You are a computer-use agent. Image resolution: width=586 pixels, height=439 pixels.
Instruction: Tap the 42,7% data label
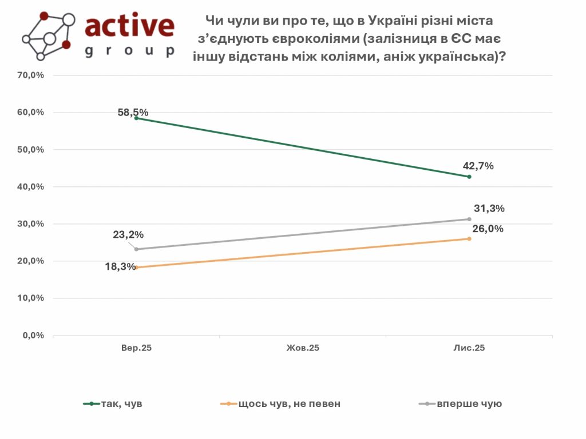pyautogui.click(x=478, y=166)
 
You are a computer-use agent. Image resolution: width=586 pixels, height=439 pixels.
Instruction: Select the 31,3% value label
pyautogui.click(x=489, y=209)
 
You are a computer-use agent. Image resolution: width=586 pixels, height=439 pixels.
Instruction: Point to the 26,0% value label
pyautogui.click(x=488, y=229)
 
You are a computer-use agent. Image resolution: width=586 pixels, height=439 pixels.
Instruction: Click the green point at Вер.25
pyautogui.click(x=136, y=118)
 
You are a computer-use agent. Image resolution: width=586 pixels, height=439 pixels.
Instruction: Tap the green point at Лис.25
pyautogui.click(x=469, y=177)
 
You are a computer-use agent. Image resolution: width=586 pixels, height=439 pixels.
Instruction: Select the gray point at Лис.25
pyautogui.click(x=469, y=219)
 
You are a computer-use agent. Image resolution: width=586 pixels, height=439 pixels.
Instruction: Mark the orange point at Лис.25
pyautogui.click(x=469, y=238)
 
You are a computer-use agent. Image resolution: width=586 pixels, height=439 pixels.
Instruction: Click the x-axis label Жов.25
pyautogui.click(x=303, y=348)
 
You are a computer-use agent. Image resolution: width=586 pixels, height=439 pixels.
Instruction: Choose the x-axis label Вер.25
pyautogui.click(x=136, y=348)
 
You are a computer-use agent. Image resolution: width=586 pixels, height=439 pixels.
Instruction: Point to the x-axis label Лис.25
pyautogui.click(x=469, y=348)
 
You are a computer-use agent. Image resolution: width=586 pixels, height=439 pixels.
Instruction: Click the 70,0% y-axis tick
pyautogui.click(x=31, y=75)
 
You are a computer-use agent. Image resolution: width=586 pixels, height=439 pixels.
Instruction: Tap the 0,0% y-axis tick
pyautogui.click(x=34, y=336)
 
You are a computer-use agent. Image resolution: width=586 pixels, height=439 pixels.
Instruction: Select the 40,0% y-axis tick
pyautogui.click(x=31, y=187)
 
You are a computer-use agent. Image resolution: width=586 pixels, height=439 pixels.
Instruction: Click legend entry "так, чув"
pyautogui.click(x=121, y=404)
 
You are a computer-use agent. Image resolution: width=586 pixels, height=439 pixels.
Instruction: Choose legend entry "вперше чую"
pyautogui.click(x=469, y=404)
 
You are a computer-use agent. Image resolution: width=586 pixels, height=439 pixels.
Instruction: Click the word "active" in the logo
pyautogui.click(x=129, y=26)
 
